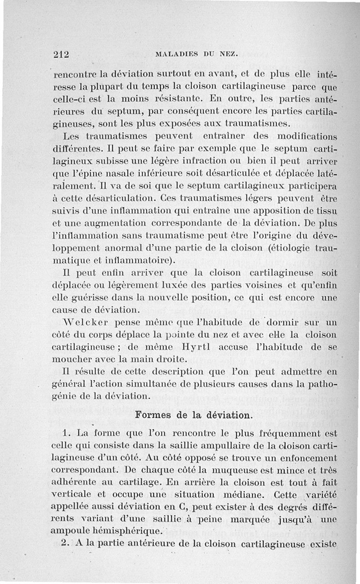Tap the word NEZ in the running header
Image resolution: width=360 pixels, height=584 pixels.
(x=232, y=54)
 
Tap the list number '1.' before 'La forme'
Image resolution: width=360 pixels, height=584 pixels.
(x=67, y=434)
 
